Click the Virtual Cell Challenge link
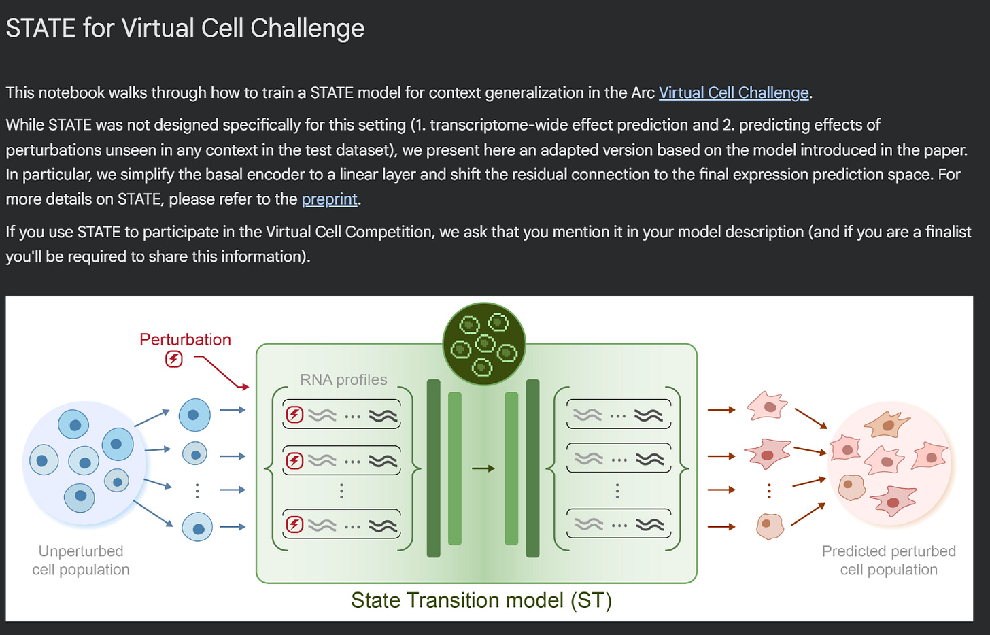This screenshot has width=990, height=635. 734,92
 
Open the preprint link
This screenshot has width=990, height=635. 329,199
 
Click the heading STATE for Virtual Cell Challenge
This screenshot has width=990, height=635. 185,29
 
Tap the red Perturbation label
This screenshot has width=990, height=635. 185,339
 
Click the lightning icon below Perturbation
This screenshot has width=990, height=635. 174,359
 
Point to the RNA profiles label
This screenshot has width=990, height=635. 343,379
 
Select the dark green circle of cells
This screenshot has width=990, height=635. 483,344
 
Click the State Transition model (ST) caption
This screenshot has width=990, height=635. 481,600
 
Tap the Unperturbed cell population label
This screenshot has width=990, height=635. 81,560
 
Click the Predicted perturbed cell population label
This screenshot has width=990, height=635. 888,560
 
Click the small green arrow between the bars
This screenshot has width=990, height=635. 483,468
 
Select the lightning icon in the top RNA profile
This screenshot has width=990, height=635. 294,415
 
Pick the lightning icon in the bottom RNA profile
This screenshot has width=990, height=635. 294,524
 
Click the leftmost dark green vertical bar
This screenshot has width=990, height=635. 433,468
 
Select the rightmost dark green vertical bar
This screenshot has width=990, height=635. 532,468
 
